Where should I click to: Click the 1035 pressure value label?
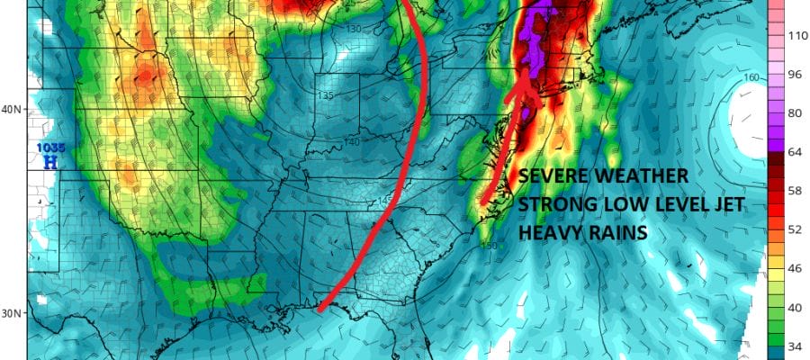tap(48, 148)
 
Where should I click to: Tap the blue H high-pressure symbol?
tap(49, 162)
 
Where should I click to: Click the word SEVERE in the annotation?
tap(552, 175)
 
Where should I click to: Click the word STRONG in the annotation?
tap(552, 205)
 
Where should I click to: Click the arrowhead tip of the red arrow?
tap(525, 67)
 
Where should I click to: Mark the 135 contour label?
tap(326, 95)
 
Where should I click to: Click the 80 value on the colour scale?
tap(795, 114)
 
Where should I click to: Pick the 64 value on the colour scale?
tap(795, 153)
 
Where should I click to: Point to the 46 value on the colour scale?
tap(795, 268)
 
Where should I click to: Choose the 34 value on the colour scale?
tap(795, 346)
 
